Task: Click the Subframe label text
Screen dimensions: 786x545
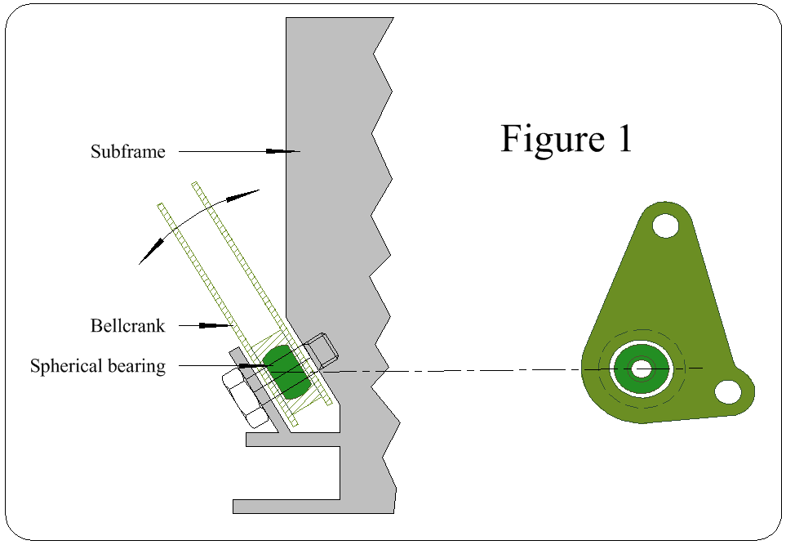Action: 128,151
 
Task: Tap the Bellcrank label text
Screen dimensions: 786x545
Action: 128,326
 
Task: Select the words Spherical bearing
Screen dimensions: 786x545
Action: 98,366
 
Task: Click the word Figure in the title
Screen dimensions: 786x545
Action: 553,139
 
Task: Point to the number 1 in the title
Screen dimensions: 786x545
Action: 624,139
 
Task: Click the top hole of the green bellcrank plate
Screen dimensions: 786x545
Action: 666,226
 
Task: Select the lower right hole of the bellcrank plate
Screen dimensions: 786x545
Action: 728,391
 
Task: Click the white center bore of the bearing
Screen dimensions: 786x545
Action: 642,369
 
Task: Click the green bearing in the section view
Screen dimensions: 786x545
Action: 286,372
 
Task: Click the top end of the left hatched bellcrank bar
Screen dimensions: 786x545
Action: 161,205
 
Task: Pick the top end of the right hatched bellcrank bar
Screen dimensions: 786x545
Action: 196,184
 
